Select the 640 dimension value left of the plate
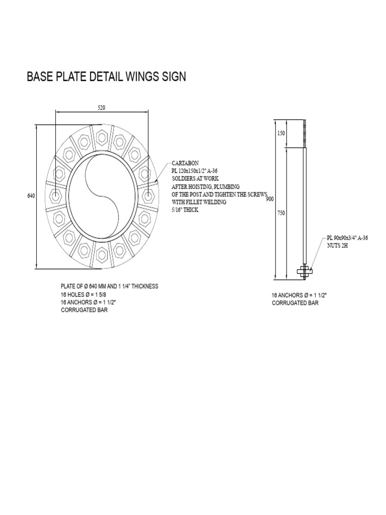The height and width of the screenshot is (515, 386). (30, 196)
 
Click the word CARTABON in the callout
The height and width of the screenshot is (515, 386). (185, 163)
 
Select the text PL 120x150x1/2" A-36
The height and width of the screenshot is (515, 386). (198, 171)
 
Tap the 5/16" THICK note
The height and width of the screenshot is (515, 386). (185, 210)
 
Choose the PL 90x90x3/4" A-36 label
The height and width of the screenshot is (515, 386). (347, 237)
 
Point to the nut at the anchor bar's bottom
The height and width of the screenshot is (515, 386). (305, 272)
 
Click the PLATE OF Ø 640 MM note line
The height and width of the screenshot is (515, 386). (110, 286)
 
